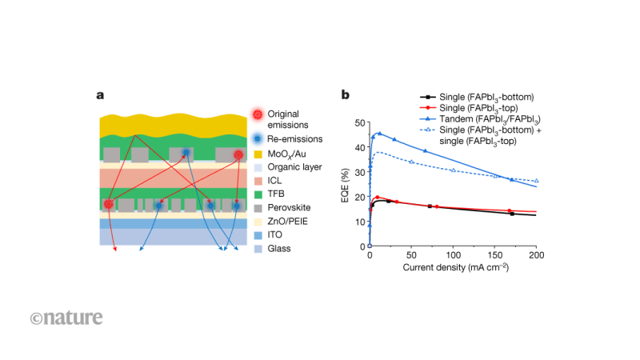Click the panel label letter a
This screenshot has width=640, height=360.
[100, 95]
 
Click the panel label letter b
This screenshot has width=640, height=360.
[346, 95]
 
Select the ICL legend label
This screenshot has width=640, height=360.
[276, 181]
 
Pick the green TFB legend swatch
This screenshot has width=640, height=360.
[257, 194]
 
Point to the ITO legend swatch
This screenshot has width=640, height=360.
[257, 235]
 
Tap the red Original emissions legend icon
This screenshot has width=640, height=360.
[257, 114]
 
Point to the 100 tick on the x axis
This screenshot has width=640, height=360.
[453, 254]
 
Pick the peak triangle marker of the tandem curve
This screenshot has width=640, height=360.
[379, 134]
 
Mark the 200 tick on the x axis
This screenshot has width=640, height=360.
[536, 254]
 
